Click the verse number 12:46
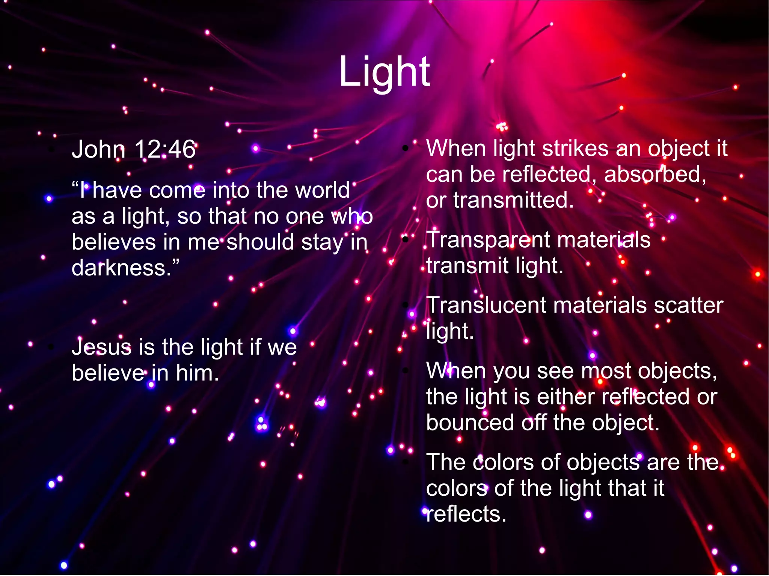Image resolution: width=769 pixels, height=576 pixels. [x=164, y=149]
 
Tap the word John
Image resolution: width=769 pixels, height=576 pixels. [x=98, y=149]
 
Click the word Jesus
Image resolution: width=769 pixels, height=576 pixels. [x=102, y=347]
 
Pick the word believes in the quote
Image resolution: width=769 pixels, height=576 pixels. [x=113, y=242]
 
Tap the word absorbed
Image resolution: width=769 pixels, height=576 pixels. [x=655, y=174]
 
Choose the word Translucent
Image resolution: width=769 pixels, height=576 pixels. [x=486, y=305]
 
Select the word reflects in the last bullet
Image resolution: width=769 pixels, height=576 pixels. [x=466, y=514]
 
